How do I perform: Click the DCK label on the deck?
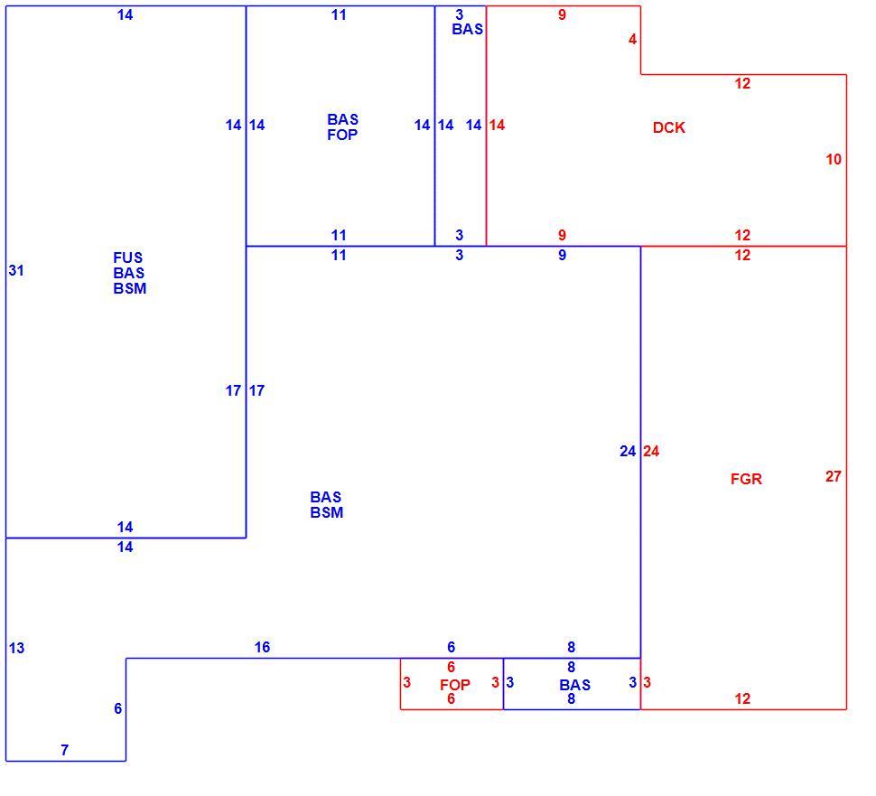pyautogui.click(x=668, y=127)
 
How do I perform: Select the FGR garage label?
pyautogui.click(x=746, y=479)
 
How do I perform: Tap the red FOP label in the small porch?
pyautogui.click(x=455, y=685)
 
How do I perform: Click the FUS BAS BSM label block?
pyautogui.click(x=130, y=273)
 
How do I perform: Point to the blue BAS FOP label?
pyautogui.click(x=342, y=126)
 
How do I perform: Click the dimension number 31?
pyautogui.click(x=16, y=270)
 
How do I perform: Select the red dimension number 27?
pyautogui.click(x=833, y=476)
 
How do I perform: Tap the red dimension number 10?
pyautogui.click(x=834, y=159)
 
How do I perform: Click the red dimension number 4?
pyautogui.click(x=632, y=39)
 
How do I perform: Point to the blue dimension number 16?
pyautogui.click(x=262, y=647)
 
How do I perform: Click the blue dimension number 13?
pyautogui.click(x=17, y=648)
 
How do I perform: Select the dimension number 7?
pyautogui.click(x=65, y=750)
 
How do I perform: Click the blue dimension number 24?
pyautogui.click(x=628, y=451)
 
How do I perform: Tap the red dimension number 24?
pyautogui.click(x=651, y=451)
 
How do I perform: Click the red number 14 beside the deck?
pyautogui.click(x=497, y=126)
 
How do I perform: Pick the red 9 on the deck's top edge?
pyautogui.click(x=562, y=15)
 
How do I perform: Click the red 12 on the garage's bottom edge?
pyautogui.click(x=742, y=698)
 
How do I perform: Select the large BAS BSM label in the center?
pyautogui.click(x=326, y=505)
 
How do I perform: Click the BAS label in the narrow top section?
pyautogui.click(x=468, y=29)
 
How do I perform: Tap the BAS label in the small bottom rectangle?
pyautogui.click(x=575, y=685)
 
